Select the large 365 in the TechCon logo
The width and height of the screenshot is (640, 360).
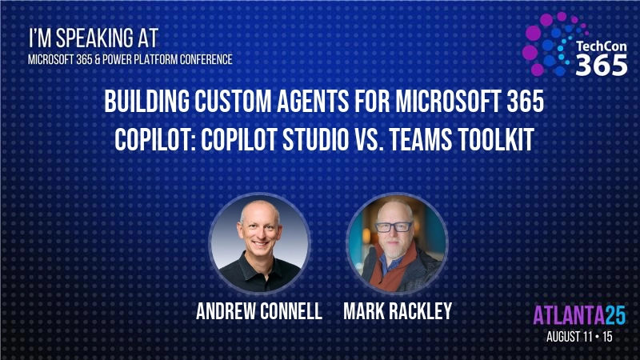(602, 66)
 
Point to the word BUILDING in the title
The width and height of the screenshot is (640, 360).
(151, 104)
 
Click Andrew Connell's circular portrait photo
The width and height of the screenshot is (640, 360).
(258, 242)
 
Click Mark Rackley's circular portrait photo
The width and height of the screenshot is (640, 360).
(396, 242)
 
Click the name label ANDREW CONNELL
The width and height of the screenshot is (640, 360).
(258, 312)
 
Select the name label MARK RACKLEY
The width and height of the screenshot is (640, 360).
(396, 312)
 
